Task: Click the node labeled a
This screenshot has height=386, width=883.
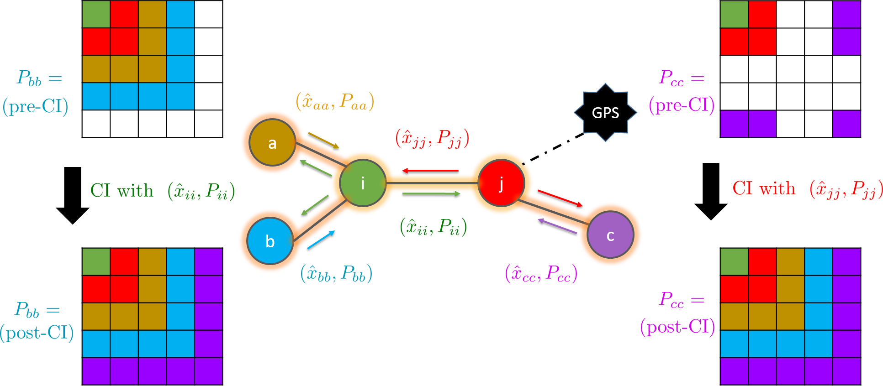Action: pyautogui.click(x=272, y=143)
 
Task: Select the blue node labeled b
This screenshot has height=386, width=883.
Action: pyautogui.click(x=270, y=241)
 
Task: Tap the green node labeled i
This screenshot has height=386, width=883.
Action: pyautogui.click(x=363, y=183)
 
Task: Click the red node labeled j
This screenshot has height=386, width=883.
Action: pyautogui.click(x=501, y=183)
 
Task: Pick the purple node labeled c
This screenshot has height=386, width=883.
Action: pyautogui.click(x=610, y=235)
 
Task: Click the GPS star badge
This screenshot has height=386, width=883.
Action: pyautogui.click(x=605, y=112)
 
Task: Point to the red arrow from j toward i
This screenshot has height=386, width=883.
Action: pyautogui.click(x=430, y=171)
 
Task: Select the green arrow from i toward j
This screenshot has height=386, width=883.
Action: pyautogui.click(x=432, y=193)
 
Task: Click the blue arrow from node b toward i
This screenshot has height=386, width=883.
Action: pyautogui.click(x=321, y=240)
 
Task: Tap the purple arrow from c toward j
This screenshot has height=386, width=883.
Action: pyautogui.click(x=557, y=226)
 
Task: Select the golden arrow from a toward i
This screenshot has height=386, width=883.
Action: pyautogui.click(x=323, y=141)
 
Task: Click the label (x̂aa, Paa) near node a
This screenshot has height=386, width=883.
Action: pyautogui.click(x=335, y=101)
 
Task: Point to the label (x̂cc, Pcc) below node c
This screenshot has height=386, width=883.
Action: pyautogui.click(x=541, y=274)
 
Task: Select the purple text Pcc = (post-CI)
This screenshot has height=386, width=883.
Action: pyautogui.click(x=678, y=313)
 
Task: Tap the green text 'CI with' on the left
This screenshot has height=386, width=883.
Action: pyautogui.click(x=122, y=191)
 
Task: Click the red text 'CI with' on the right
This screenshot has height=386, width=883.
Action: pyautogui.click(x=764, y=188)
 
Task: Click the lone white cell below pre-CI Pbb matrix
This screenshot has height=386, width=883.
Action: pyautogui.click(x=96, y=124)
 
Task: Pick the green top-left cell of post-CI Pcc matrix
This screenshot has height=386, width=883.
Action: pyautogui.click(x=734, y=262)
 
